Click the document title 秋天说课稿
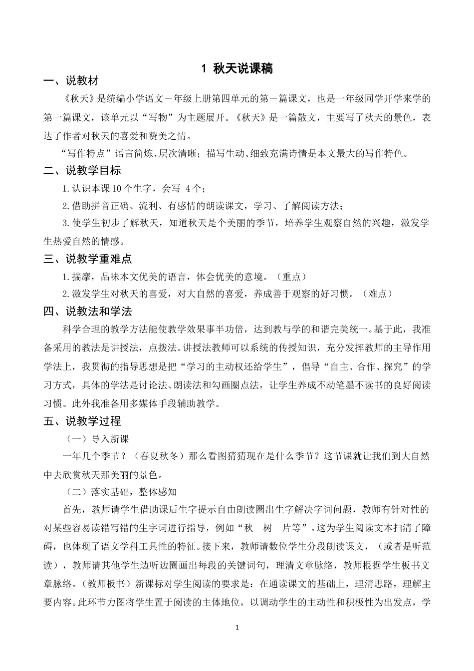(242, 69)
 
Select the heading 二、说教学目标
(82, 171)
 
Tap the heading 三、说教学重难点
(87, 259)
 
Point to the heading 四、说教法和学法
(87, 312)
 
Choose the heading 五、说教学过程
(82, 421)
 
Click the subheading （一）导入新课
(98, 439)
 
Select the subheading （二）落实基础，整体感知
(122, 492)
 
